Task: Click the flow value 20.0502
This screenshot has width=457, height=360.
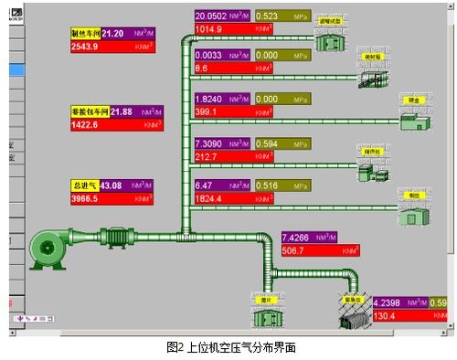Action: pos(212,16)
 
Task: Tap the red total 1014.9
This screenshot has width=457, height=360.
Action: pos(209,29)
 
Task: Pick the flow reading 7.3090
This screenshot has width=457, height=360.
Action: pos(211,143)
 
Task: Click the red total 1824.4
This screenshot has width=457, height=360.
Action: pos(210,197)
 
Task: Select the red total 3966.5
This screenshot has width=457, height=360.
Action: pos(88,198)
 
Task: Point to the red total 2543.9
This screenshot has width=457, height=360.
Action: pos(88,45)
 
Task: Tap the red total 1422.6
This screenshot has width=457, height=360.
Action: pos(88,123)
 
